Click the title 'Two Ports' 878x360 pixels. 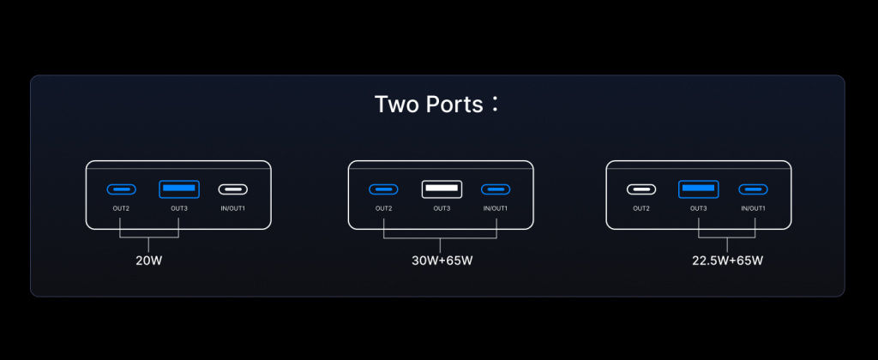click(429, 105)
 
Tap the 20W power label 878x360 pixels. click(149, 261)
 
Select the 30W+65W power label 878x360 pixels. click(442, 261)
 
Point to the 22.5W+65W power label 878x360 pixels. click(727, 261)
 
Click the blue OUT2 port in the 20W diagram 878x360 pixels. click(122, 189)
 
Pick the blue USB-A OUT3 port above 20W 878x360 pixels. click(179, 189)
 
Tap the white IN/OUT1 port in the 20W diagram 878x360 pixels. click(233, 189)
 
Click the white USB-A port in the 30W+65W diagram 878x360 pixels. click(442, 189)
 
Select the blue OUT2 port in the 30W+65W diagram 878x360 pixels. click(383, 189)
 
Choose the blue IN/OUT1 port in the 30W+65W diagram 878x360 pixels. click(496, 189)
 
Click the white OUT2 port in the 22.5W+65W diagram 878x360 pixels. click(641, 189)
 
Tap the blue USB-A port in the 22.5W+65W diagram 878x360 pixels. click(698, 189)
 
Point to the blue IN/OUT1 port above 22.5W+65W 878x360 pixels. click(753, 189)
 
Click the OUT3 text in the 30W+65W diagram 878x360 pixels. click(442, 209)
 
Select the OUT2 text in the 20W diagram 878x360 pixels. click(121, 209)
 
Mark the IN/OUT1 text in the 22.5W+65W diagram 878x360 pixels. click(753, 209)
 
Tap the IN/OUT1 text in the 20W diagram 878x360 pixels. click(233, 209)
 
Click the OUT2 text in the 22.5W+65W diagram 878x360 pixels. click(641, 209)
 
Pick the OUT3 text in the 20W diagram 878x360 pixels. click(179, 209)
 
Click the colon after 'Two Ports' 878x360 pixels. click(494, 104)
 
